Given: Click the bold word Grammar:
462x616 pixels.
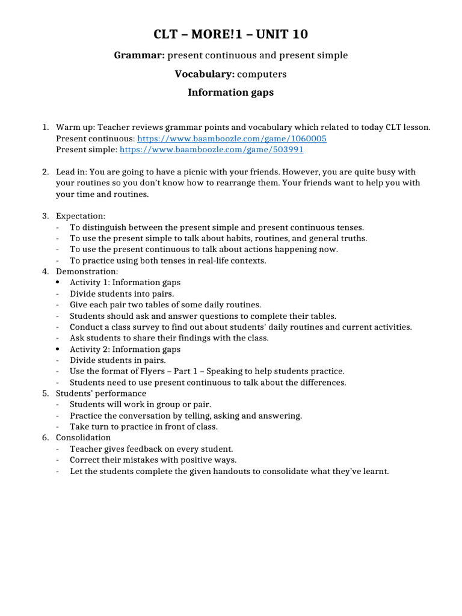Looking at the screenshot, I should tap(139, 55).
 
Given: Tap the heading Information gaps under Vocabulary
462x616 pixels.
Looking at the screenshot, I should tap(230, 92).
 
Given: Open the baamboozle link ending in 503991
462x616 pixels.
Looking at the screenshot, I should tap(212, 149).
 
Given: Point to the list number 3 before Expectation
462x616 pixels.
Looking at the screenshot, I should tap(45, 215).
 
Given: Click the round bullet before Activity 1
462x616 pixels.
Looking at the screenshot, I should tap(57, 282).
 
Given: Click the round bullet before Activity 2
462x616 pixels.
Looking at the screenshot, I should tap(57, 350).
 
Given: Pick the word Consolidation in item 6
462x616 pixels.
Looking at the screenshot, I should tap(83, 437).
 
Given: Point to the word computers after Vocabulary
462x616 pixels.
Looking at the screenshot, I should tap(262, 74).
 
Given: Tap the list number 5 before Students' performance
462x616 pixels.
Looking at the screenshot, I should tap(45, 393).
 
